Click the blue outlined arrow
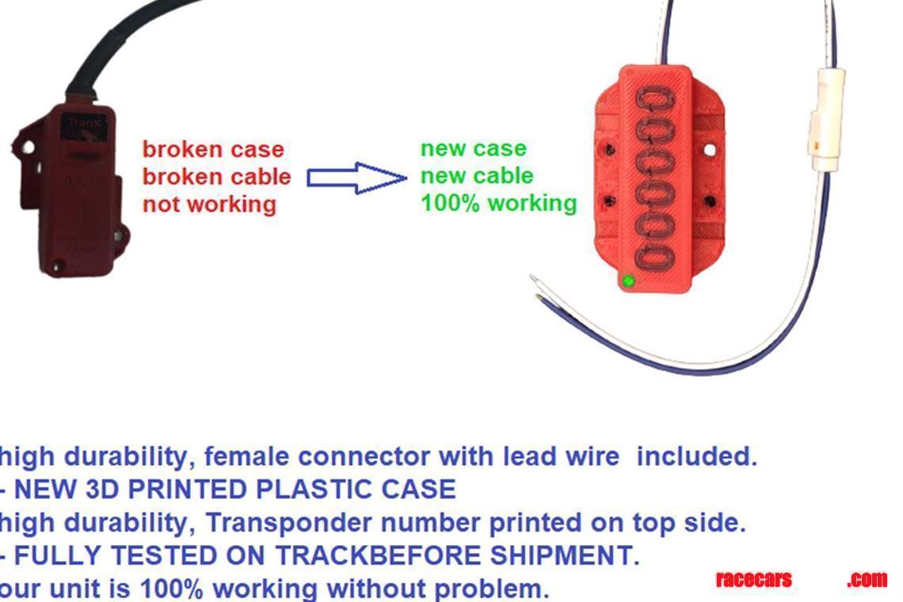click(x=356, y=178)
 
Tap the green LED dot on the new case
click(x=628, y=280)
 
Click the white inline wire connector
click(x=825, y=119)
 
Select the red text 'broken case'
click(x=213, y=149)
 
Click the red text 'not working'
click(x=209, y=204)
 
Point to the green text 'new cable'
click(x=477, y=176)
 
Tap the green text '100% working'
click(x=498, y=204)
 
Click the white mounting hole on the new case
click(x=710, y=149)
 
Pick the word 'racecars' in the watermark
click(x=753, y=580)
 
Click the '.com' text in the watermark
click(x=867, y=580)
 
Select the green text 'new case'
click(x=473, y=148)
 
